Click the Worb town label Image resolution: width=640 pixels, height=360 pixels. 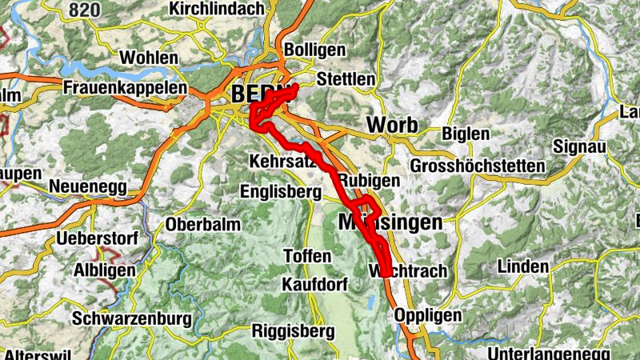coord(392,126)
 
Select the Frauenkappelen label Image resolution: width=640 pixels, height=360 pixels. coord(126,88)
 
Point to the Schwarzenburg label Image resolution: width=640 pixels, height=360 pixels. coord(132,318)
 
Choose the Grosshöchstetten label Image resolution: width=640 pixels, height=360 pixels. coord(478,166)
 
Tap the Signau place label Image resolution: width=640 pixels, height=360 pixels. coord(581,147)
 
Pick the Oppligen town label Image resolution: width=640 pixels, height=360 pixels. coord(428,315)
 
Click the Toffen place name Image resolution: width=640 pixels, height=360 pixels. coord(307,256)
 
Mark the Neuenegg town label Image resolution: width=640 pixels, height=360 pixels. coord(89,186)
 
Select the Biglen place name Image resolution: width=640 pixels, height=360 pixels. coord(466,134)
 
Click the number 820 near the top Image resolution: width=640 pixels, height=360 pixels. coord(86,10)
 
